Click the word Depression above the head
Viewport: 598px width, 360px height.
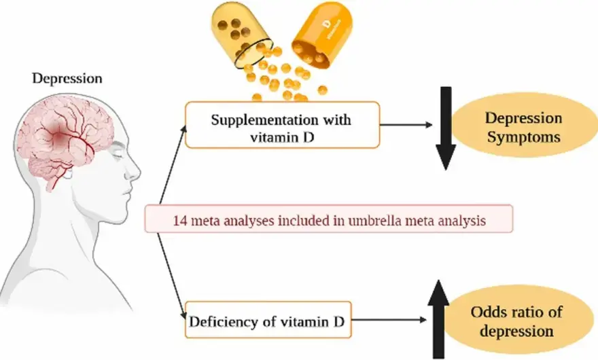pyautogui.click(x=67, y=78)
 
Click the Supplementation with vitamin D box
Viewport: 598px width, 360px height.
pyautogui.click(x=282, y=125)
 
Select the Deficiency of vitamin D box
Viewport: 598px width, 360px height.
pyautogui.click(x=268, y=320)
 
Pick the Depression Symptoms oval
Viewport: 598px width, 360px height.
pyautogui.click(x=523, y=127)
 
